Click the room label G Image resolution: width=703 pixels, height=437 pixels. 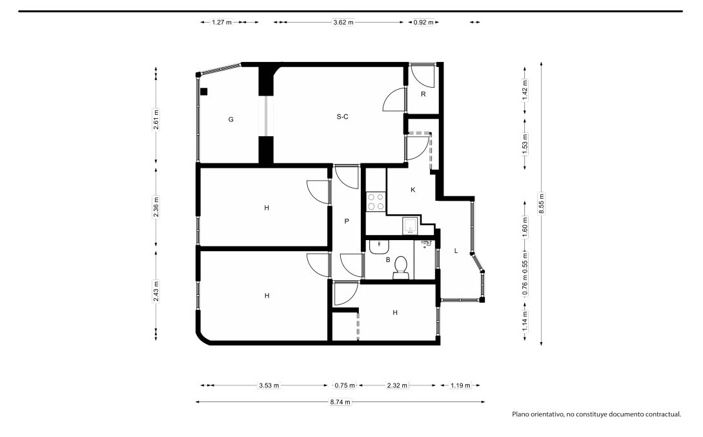(x=231, y=119)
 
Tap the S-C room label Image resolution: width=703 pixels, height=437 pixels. (x=343, y=117)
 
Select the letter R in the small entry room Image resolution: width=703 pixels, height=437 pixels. (x=423, y=94)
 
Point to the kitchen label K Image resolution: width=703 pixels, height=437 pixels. (x=413, y=190)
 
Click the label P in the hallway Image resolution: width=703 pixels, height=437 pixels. (x=347, y=221)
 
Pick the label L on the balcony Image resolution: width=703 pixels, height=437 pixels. (x=456, y=250)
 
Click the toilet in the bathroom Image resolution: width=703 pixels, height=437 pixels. (x=401, y=268)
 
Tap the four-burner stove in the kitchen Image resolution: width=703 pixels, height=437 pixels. (x=376, y=201)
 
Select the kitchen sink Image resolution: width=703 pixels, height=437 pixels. (x=410, y=226)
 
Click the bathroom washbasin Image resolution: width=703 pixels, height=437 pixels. (x=380, y=247)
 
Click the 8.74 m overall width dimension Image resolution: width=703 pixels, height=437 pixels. (x=340, y=402)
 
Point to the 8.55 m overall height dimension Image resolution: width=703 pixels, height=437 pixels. (x=542, y=203)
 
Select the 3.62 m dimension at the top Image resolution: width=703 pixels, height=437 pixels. (x=343, y=22)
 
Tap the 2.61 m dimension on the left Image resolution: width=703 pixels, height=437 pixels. (x=156, y=119)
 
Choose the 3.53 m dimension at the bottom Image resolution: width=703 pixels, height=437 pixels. (x=269, y=385)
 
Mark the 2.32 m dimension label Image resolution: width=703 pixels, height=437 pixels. (x=397, y=385)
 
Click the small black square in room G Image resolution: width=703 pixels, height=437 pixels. (x=204, y=92)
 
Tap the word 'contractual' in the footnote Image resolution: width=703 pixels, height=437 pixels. (x=663, y=414)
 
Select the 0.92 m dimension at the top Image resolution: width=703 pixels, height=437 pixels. (x=423, y=22)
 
